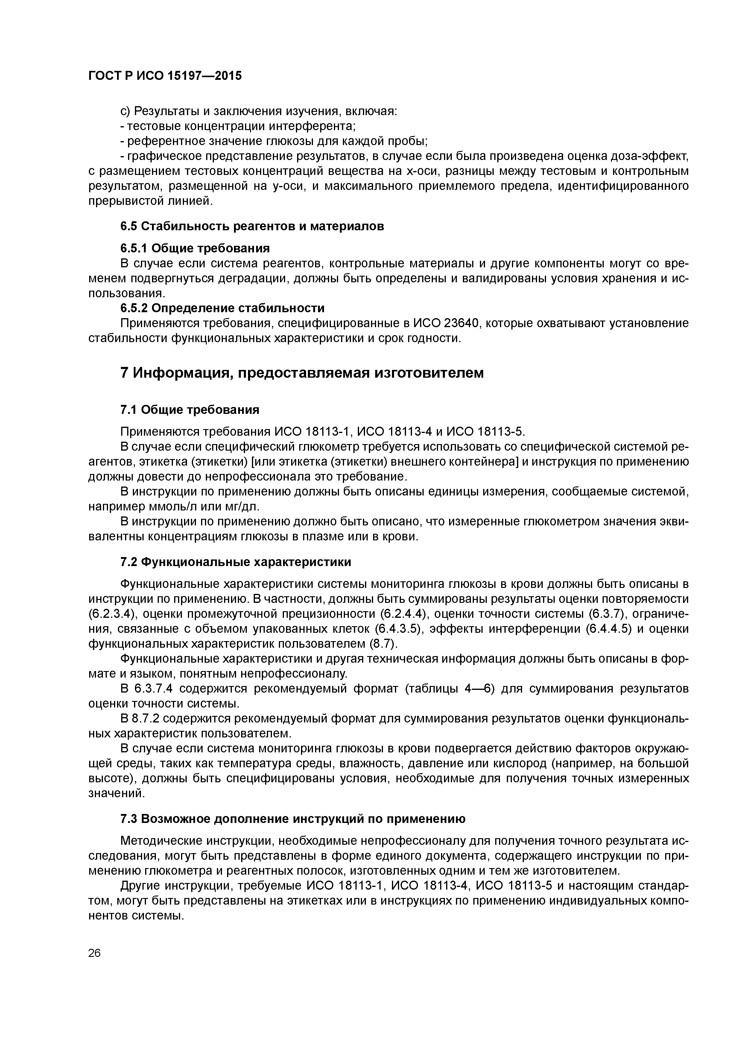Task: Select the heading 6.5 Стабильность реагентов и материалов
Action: (252, 226)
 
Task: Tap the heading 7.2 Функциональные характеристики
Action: (235, 562)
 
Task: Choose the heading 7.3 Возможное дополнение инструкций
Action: (293, 819)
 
